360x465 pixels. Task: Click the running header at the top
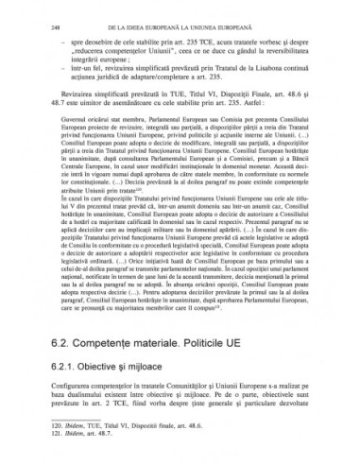click(x=189, y=30)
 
